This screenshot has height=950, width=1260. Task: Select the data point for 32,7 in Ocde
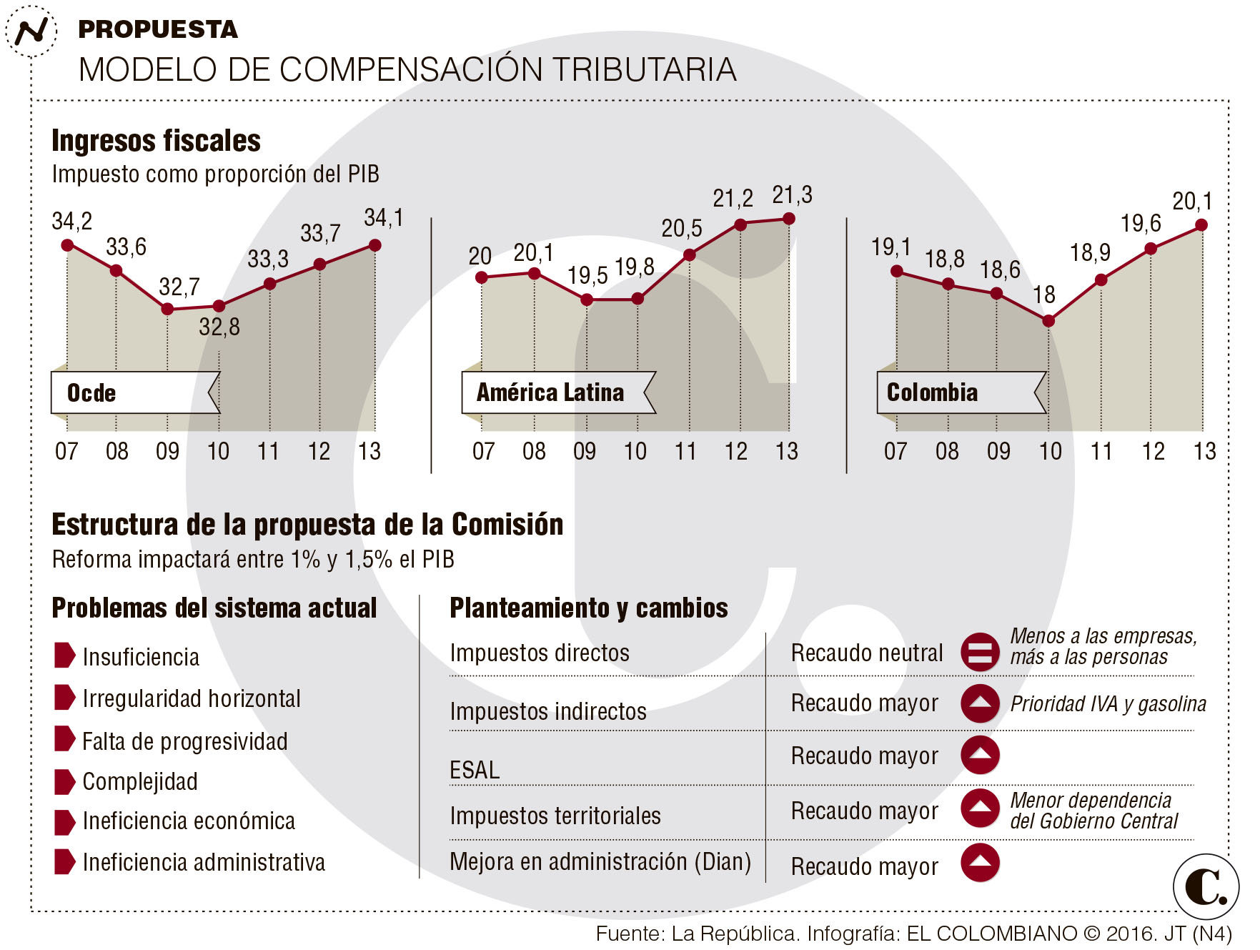pos(167,309)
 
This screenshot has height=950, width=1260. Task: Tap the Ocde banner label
pos(91,393)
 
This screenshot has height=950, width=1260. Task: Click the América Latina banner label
pos(550,392)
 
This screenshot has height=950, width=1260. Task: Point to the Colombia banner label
pos(931,392)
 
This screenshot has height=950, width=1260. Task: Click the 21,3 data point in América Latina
pos(789,219)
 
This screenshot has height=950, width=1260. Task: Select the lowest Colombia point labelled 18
pos(1048,321)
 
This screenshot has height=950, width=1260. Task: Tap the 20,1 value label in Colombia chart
pos(1191,202)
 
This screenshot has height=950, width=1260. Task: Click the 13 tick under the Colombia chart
pos(1204,451)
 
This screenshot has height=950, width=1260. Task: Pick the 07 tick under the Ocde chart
pos(66,451)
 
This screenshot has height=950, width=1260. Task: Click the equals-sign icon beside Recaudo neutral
pos(980,652)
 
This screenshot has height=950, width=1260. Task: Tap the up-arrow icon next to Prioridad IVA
pos(980,703)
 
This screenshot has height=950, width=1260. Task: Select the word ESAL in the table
pos(475,770)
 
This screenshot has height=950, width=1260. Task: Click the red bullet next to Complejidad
pos(64,781)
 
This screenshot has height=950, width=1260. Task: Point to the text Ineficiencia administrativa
pos(204,862)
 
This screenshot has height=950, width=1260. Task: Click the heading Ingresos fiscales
pos(156,141)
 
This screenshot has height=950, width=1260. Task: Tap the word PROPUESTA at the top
pos(157,29)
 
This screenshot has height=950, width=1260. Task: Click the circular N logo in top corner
pos(31,31)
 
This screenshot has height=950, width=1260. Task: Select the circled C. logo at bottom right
pos(1206,886)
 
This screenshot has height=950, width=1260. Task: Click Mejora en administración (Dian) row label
pos(600,862)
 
